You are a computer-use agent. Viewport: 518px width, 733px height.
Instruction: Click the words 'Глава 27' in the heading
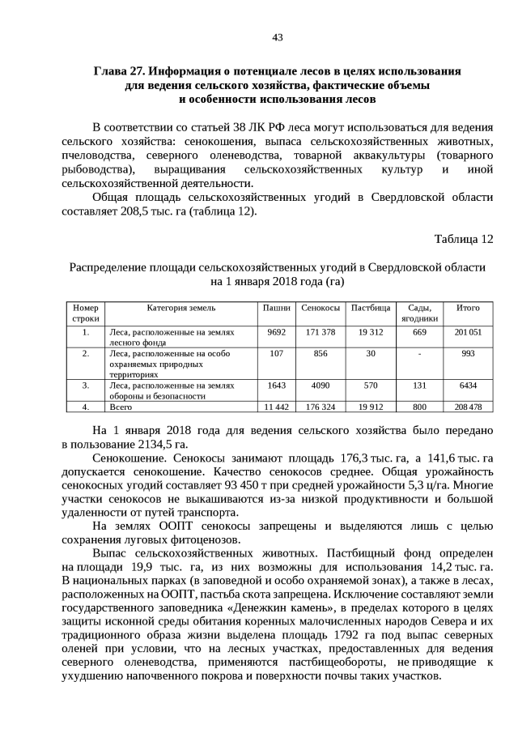click(119, 70)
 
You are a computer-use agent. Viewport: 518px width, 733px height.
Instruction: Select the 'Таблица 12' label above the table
click(463, 239)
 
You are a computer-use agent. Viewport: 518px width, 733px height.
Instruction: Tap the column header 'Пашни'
click(277, 308)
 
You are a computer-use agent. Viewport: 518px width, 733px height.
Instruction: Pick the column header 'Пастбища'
click(371, 308)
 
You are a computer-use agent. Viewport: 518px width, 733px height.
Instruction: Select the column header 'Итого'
click(468, 308)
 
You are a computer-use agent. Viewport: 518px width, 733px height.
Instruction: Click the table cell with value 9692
click(277, 332)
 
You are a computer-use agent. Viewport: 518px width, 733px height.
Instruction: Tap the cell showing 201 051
click(468, 332)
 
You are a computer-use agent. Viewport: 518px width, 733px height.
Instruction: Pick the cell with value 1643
click(277, 386)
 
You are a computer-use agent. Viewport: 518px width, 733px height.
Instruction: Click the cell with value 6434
click(468, 386)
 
